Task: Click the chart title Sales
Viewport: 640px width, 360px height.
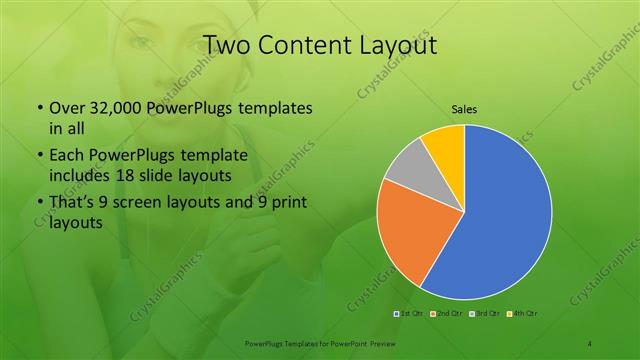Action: point(465,108)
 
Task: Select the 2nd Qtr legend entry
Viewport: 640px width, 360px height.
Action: point(449,314)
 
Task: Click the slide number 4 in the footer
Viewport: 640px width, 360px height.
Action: point(590,343)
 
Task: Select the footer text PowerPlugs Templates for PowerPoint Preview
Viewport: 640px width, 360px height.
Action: point(320,343)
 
